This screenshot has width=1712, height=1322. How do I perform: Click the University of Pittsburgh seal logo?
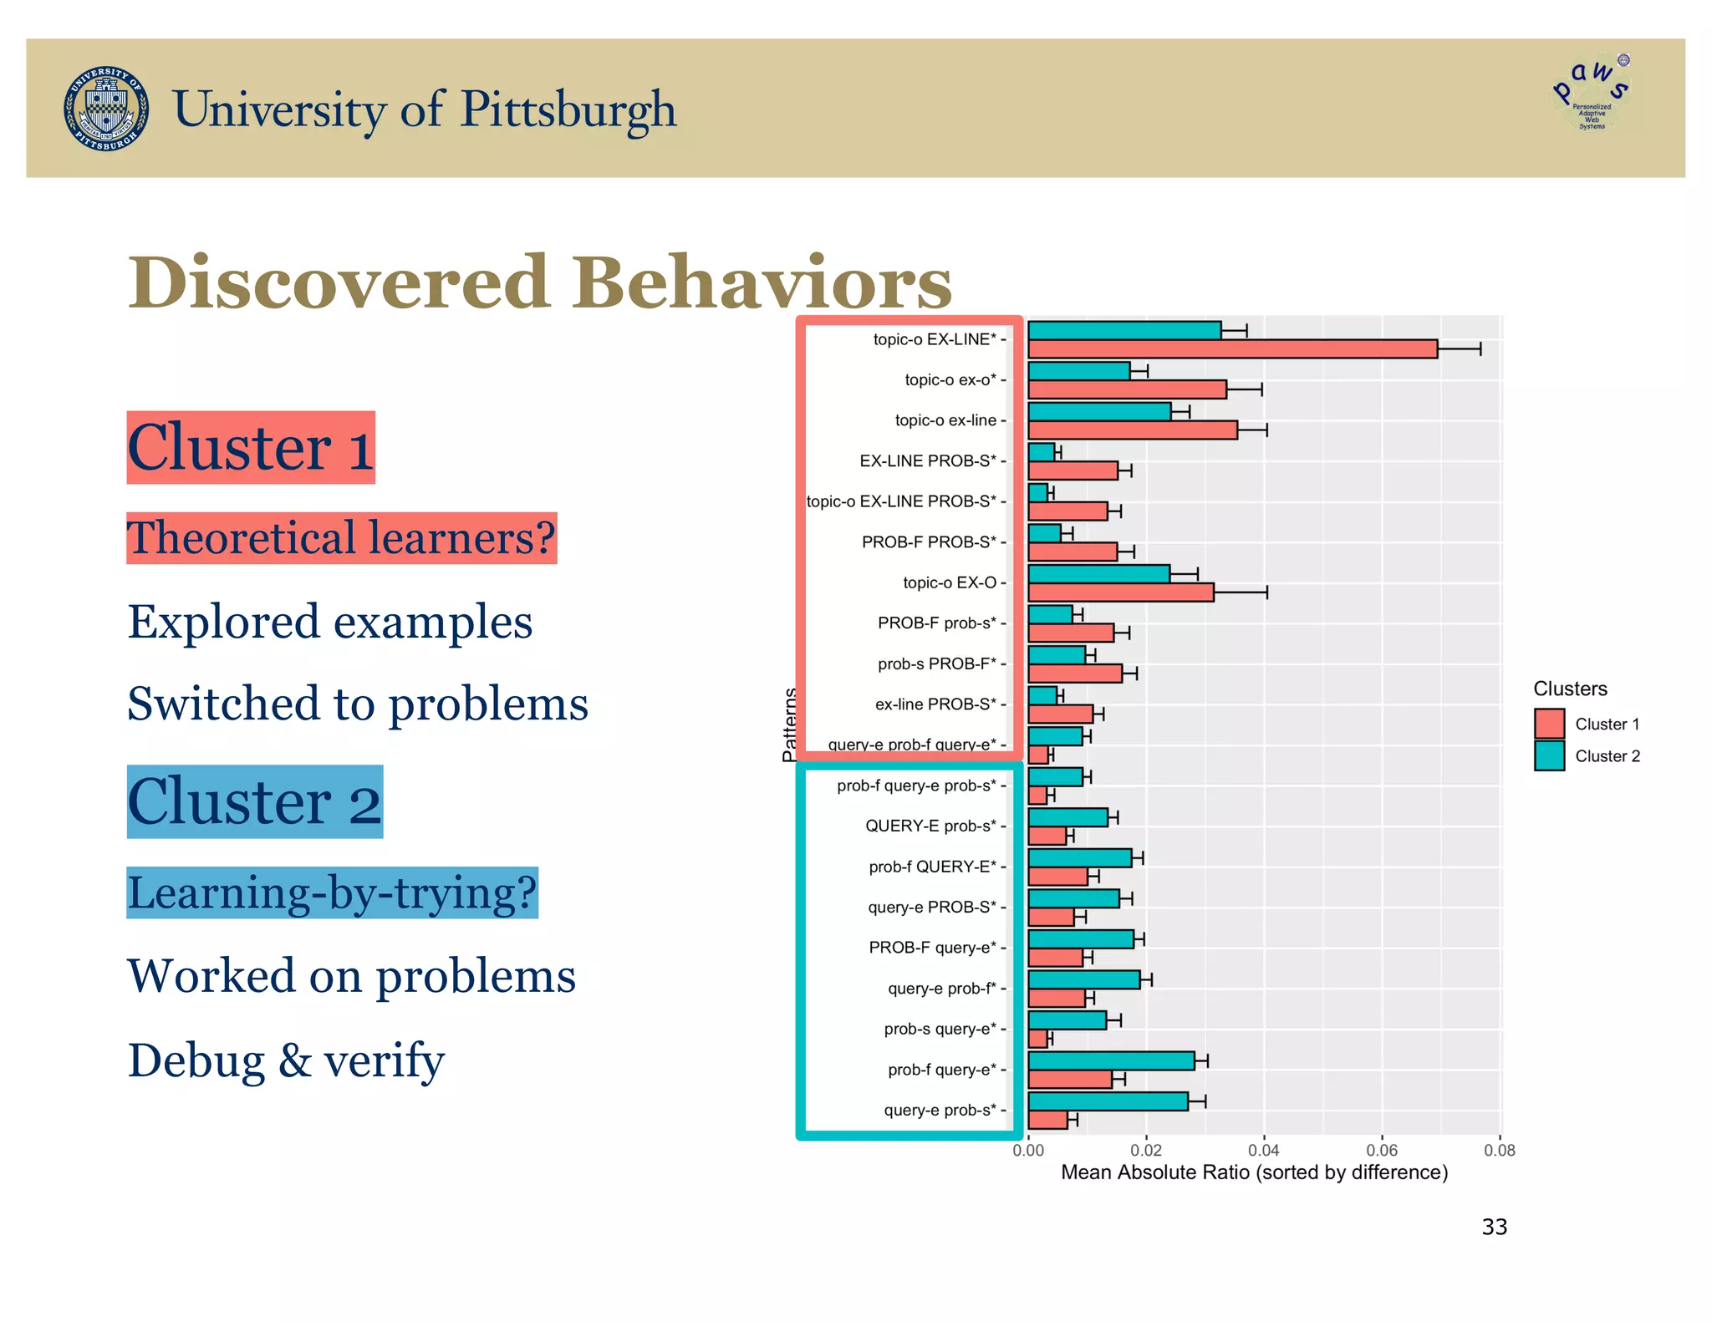[x=107, y=109]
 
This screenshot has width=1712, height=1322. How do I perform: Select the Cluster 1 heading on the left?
[x=251, y=448]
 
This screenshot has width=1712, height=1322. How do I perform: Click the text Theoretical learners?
[x=341, y=538]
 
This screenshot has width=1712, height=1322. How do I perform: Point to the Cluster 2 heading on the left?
[x=254, y=802]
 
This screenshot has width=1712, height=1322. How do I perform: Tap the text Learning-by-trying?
[x=332, y=892]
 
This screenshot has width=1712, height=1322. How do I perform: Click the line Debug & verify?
[x=286, y=1060]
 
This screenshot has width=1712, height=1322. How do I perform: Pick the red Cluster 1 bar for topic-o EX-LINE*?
[x=1232, y=349]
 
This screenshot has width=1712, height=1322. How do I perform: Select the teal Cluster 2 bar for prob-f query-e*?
[x=1111, y=1061]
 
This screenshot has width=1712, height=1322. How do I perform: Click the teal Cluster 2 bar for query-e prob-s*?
[x=1108, y=1101]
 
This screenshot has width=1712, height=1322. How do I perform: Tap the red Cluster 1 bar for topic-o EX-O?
[x=1120, y=592]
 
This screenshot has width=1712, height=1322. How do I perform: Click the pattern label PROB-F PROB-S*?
[x=929, y=542]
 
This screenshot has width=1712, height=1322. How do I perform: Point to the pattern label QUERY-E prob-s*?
[x=930, y=826]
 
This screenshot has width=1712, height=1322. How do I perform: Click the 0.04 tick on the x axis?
[x=1263, y=1151]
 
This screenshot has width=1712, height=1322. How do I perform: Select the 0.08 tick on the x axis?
[x=1499, y=1151]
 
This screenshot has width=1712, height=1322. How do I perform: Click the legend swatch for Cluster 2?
[x=1549, y=756]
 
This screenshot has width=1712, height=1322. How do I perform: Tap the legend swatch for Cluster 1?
[x=1549, y=724]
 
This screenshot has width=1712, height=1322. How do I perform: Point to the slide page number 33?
[x=1494, y=1227]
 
